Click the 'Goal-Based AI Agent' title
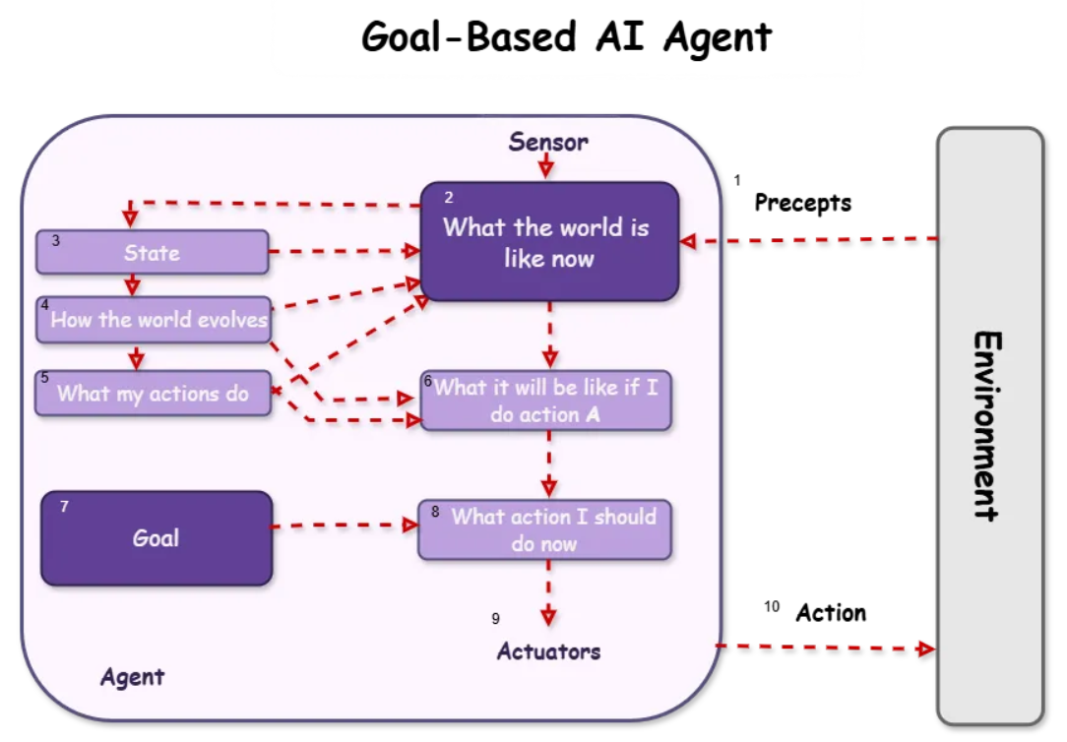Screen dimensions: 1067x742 pos(566,36)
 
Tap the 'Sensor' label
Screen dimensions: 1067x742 pos(548,142)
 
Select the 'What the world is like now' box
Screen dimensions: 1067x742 pos(550,241)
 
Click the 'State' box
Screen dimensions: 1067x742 pos(153,252)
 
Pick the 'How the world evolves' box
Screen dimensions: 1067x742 pos(154,320)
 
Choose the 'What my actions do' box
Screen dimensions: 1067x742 pos(154,393)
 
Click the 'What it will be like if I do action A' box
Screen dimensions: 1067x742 pos(546,401)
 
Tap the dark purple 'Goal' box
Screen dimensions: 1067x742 pos(157,538)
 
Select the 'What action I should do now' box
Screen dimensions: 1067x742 pos(545,529)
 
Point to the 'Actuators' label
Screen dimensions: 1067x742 pos(548,651)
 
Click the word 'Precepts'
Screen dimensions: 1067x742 pos(803,203)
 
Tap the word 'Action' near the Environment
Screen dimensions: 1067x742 pos(831,613)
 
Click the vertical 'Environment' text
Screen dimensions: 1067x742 pos(987,426)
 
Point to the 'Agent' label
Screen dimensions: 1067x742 pos(133,677)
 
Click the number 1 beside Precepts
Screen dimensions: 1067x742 pos(737,180)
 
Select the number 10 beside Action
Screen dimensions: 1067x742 pos(772,606)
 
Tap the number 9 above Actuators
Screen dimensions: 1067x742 pos(495,618)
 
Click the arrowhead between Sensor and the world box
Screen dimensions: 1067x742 pos(545,169)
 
